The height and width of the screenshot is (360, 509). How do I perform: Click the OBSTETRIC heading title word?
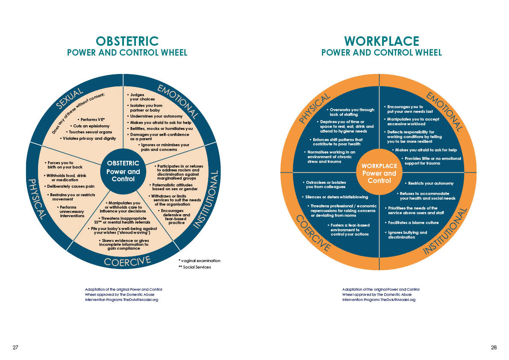[x=127, y=41]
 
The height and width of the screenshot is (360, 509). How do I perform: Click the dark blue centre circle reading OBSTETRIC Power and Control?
[x=123, y=171]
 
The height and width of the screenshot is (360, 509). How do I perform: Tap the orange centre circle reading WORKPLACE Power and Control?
[x=379, y=173]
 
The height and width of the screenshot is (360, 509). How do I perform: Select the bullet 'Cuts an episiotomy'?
[x=91, y=126]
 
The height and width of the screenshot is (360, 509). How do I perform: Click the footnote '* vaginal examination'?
[x=199, y=260]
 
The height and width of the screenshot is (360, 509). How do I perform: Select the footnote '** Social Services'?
[x=194, y=267]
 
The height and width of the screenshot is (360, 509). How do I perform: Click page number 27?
[x=15, y=348]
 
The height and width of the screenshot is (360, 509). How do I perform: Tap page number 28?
[x=494, y=348]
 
